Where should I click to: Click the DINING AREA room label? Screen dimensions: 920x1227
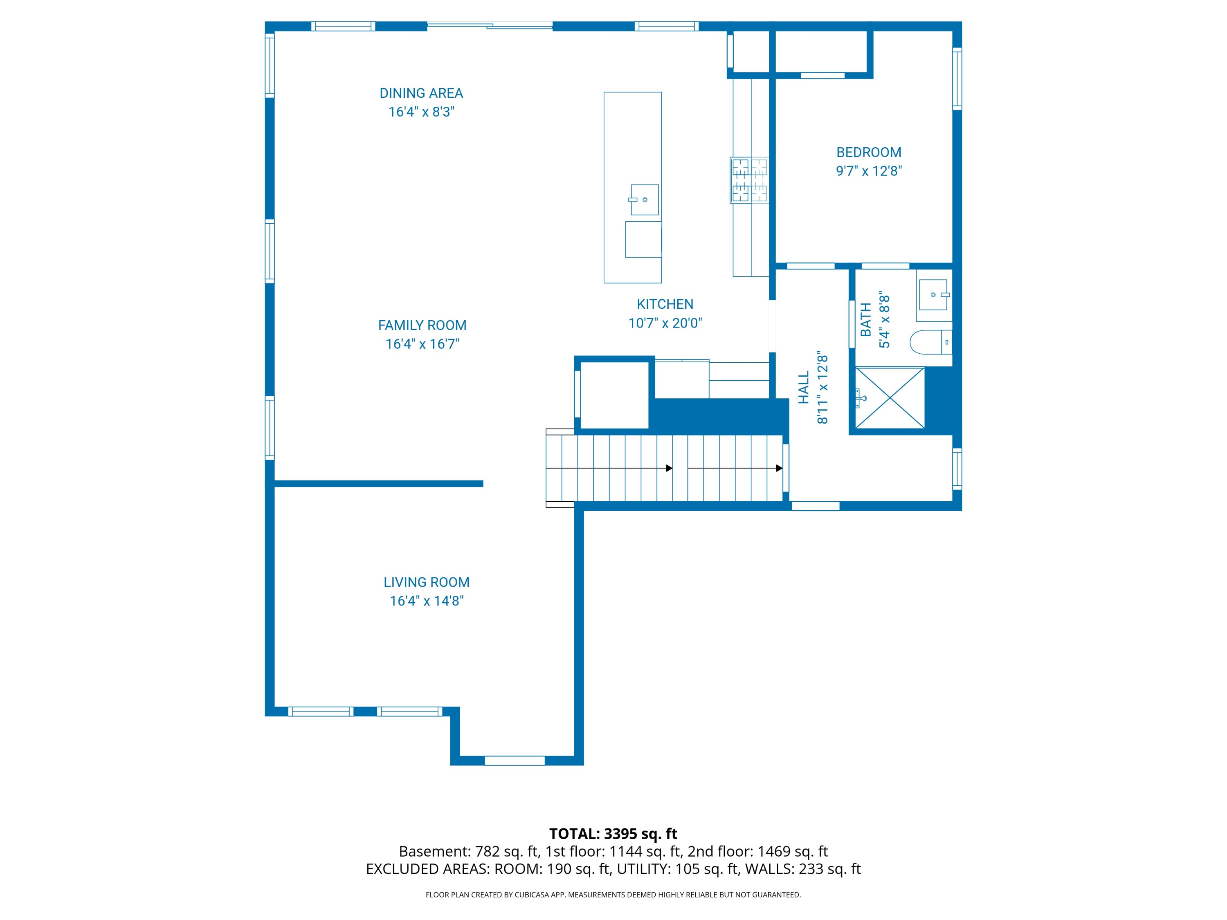click(421, 93)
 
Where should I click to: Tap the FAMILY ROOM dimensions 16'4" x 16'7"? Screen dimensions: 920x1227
click(422, 344)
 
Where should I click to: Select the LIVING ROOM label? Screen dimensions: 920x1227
click(426, 582)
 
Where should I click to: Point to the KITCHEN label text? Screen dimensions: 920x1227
click(665, 304)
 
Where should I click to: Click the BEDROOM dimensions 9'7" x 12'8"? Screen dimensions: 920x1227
click(869, 171)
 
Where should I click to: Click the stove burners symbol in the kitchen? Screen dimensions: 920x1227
click(749, 180)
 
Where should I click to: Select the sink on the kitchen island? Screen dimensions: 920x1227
click(644, 200)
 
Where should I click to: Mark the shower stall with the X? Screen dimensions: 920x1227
click(890, 397)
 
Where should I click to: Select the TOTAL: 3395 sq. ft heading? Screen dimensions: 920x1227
click(613, 833)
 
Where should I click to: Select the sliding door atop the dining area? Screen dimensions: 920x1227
click(490, 25)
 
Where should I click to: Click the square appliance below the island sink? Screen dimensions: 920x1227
click(643, 239)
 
